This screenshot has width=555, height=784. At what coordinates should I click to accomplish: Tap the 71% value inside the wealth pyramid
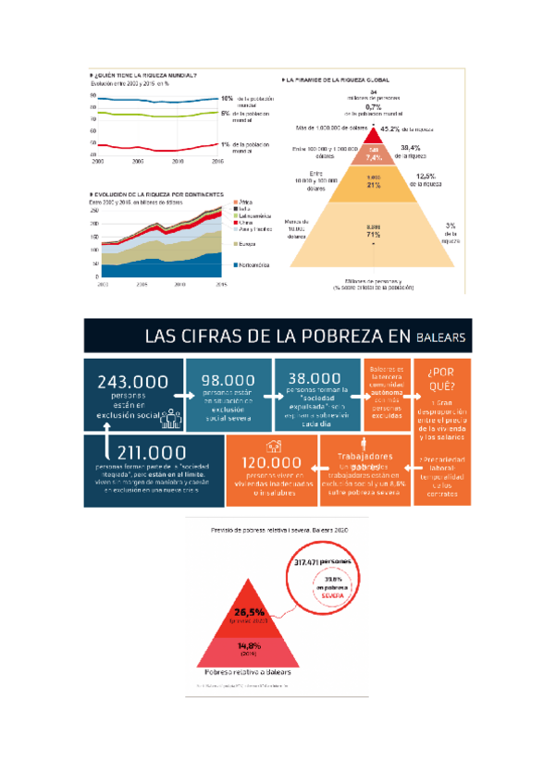point(375,235)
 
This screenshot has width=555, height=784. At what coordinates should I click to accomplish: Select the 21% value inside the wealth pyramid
point(375,185)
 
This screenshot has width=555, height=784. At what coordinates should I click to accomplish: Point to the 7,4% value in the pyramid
point(374,157)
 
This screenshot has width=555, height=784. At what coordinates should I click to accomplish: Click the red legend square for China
point(234,223)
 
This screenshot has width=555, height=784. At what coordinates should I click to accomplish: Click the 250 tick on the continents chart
point(93,212)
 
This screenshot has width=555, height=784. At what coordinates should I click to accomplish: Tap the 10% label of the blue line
point(226,97)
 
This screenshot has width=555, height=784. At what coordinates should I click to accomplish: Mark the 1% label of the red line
point(226,144)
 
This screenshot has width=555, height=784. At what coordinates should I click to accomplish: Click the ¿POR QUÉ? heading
point(438,380)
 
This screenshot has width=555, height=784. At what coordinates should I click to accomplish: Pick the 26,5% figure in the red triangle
point(251,611)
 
